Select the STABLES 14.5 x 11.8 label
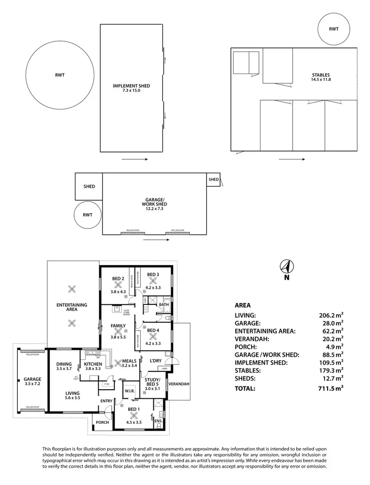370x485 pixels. click(x=321, y=77)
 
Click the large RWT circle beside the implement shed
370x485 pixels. click(x=60, y=75)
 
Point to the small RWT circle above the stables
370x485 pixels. click(x=334, y=29)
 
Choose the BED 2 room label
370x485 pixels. click(x=118, y=279)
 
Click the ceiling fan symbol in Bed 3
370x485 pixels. click(x=152, y=281)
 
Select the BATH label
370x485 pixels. click(x=163, y=305)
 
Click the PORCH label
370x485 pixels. click(x=102, y=422)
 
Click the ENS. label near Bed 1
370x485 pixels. click(x=158, y=421)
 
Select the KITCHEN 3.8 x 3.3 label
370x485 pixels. click(x=93, y=367)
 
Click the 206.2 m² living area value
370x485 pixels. click(x=331, y=314)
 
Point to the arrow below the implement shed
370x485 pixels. click(x=134, y=159)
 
